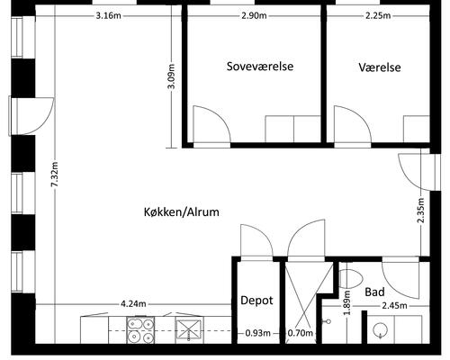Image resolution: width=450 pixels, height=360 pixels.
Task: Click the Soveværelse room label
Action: coord(260,67)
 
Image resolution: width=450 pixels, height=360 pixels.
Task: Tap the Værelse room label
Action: coord(379,67)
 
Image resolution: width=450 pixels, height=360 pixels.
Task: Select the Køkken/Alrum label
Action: coord(181,211)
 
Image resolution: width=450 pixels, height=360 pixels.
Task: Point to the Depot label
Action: coord(256,301)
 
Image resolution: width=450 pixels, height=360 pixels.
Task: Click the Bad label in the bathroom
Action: coord(375,292)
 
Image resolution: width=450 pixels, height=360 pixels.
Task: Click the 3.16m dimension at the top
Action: coord(108,16)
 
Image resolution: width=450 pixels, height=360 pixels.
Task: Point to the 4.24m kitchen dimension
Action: coord(134,303)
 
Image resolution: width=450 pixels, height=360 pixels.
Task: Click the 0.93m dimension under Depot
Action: coord(257,334)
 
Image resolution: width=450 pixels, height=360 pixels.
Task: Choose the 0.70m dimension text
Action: coord(300,334)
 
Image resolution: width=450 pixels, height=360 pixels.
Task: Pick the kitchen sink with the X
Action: coord(188,329)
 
